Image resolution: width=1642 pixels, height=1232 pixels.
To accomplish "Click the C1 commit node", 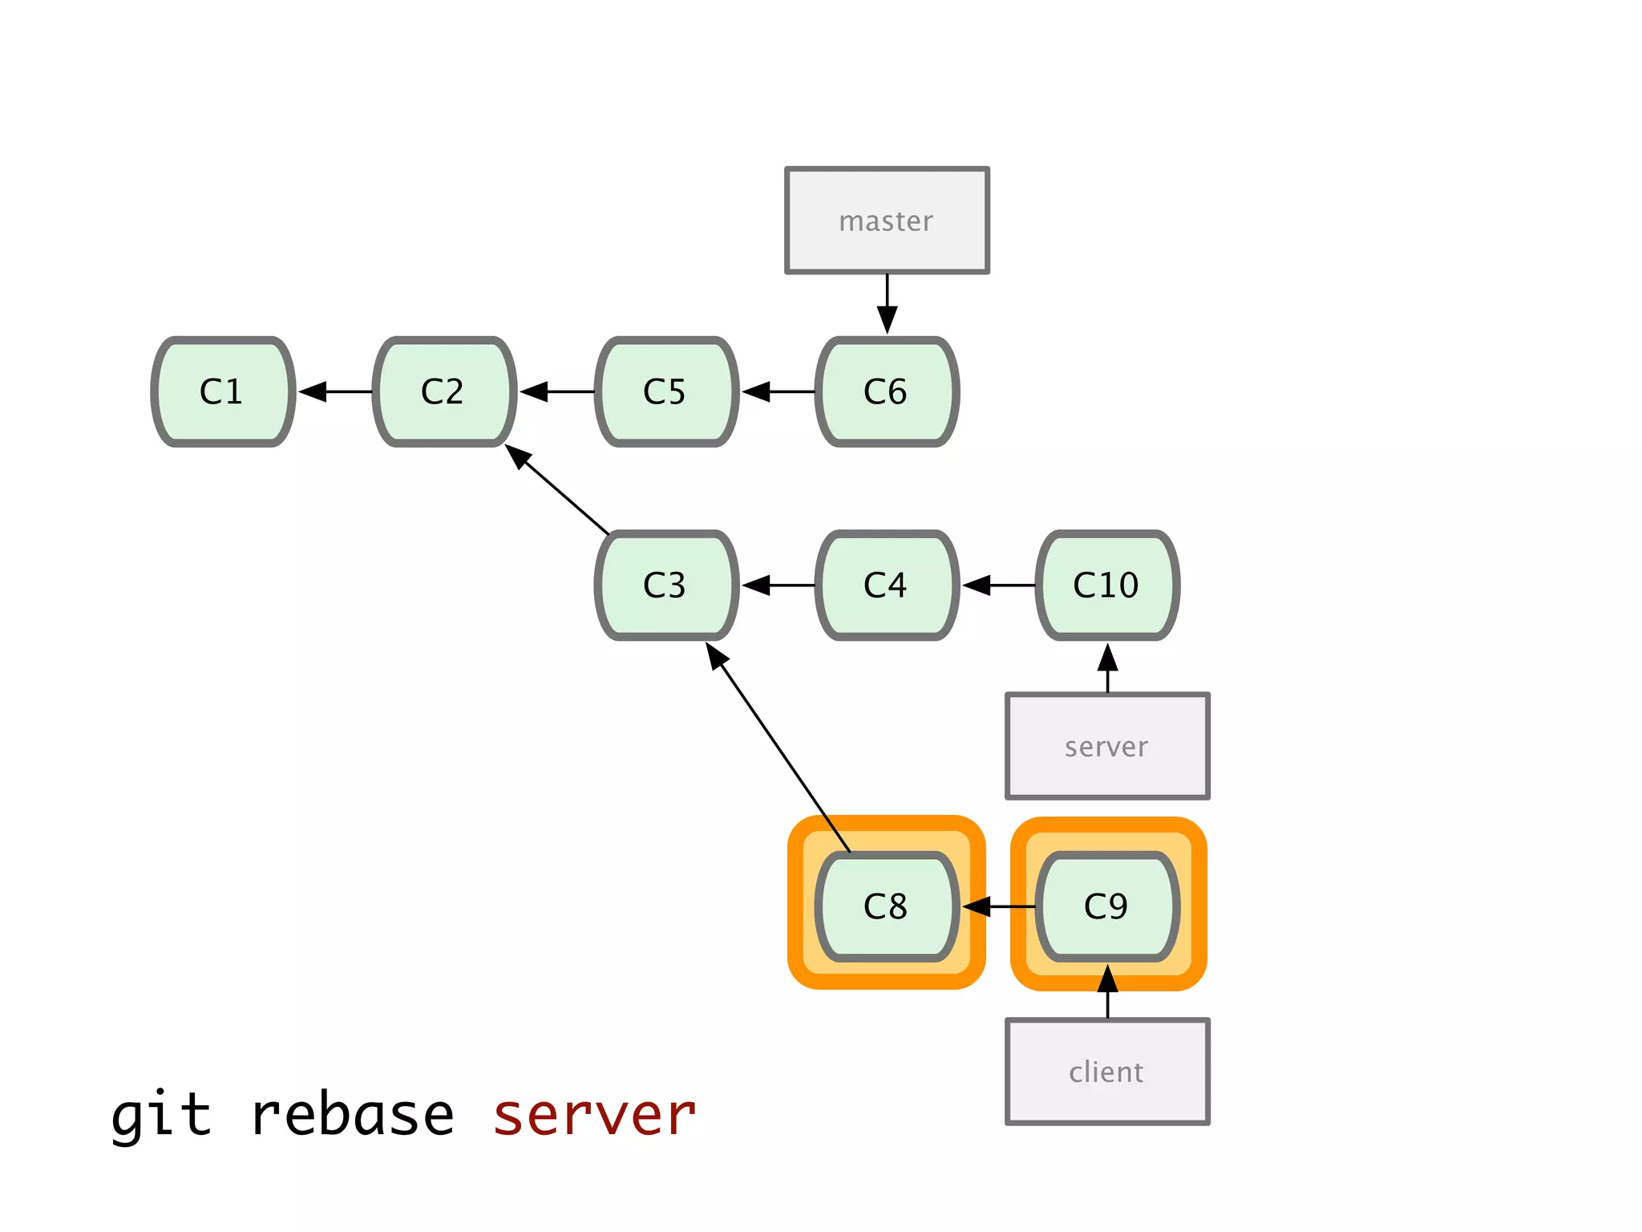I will click(x=223, y=391).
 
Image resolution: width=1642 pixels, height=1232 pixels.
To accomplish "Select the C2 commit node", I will click(x=444, y=391).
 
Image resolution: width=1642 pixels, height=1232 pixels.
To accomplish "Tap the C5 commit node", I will click(x=666, y=391).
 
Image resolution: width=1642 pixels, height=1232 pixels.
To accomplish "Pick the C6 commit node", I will click(x=887, y=391).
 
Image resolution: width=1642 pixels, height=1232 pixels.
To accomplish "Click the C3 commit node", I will click(x=666, y=585).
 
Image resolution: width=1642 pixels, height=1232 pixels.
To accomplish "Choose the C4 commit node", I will click(x=887, y=585).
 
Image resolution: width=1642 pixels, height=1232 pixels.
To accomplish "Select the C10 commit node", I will click(x=1107, y=585).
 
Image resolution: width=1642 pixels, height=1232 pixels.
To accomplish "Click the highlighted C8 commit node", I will click(x=887, y=906).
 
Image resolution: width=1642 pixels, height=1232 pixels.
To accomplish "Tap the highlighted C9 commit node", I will click(x=1107, y=906).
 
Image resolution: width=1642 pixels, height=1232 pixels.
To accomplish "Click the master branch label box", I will click(x=887, y=221).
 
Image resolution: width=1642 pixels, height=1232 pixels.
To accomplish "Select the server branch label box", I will click(x=1107, y=746).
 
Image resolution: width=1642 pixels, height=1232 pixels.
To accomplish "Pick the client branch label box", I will click(x=1107, y=1072).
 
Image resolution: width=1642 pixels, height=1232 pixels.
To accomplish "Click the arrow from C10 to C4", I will click(x=998, y=586).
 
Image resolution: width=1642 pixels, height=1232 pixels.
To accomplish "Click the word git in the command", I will click(x=161, y=1116).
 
